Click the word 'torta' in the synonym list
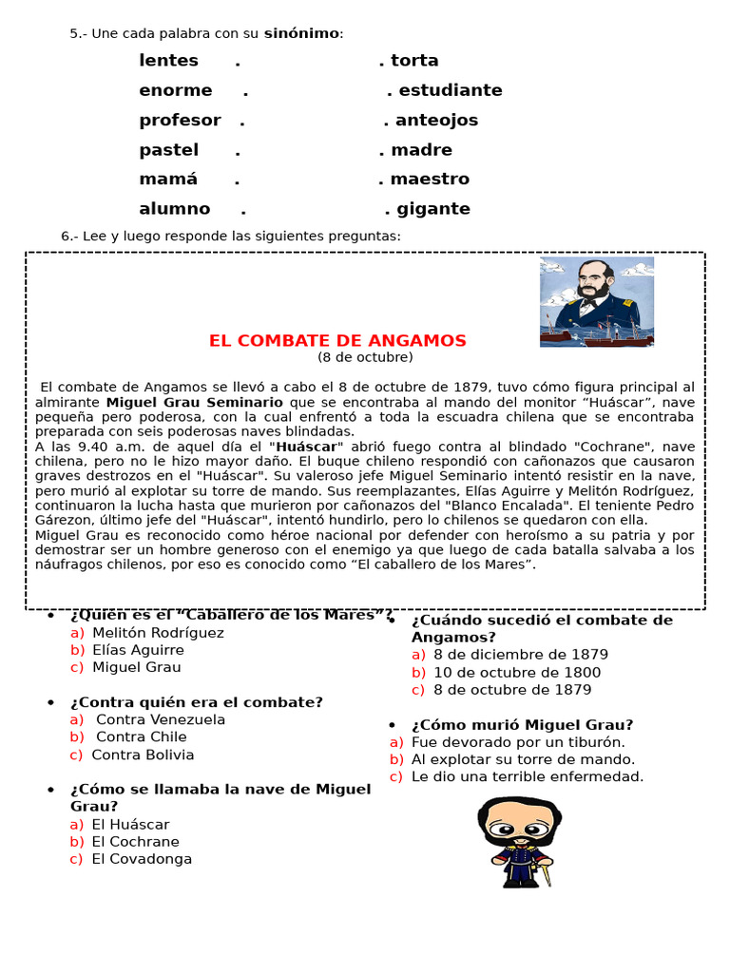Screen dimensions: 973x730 coord(414,61)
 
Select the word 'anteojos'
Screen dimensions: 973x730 coord(436,121)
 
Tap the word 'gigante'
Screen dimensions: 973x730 coord(433,209)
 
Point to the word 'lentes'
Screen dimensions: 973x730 coord(168,61)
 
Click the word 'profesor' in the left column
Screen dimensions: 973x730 coord(180,121)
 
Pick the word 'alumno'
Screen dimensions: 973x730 coord(174,209)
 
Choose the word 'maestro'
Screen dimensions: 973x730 coord(430,180)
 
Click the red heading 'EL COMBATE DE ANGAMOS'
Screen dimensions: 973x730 coord(337,340)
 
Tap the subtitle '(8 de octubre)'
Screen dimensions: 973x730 coord(365,357)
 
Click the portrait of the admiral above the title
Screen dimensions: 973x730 coord(596,301)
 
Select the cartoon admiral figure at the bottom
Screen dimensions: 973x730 coord(518,842)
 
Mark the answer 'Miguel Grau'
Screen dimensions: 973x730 coord(136,667)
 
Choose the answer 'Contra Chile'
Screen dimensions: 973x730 coord(142,736)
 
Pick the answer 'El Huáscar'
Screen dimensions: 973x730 coord(130,824)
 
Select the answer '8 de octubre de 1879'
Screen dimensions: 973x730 coord(511,690)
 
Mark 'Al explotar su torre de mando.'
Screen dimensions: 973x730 coord(523,759)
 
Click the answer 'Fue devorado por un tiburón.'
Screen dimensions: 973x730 coord(518,742)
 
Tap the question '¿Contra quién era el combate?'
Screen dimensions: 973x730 coord(197,702)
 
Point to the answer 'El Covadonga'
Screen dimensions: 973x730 coord(142,859)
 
